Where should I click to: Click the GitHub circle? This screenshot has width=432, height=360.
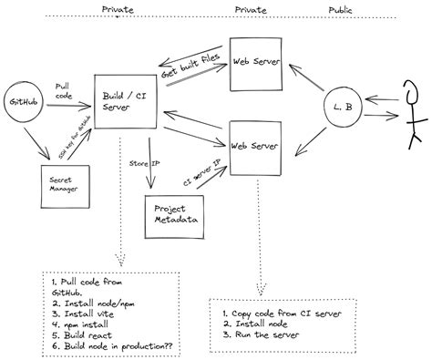click(23, 105)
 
